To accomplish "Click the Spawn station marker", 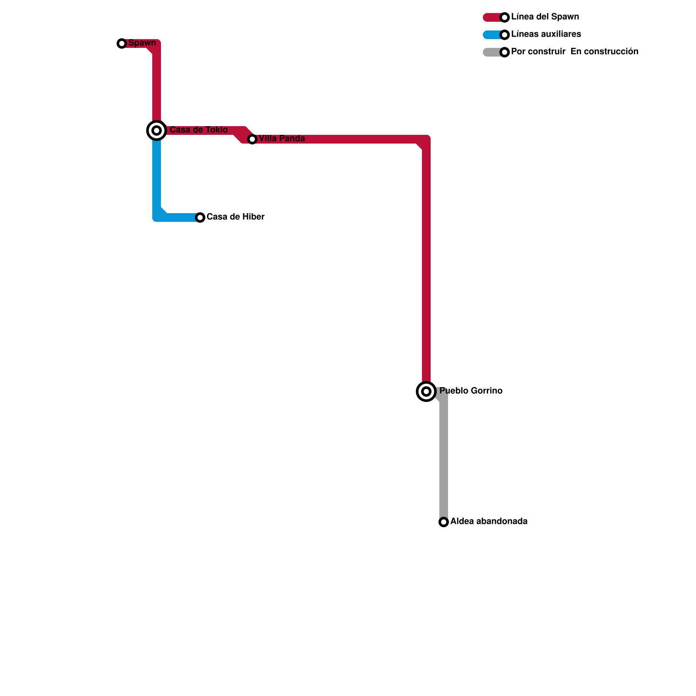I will click(x=122, y=43).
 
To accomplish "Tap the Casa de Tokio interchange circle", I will click(x=157, y=130).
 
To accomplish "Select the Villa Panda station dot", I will click(x=252, y=139).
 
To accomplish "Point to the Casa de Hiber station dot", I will click(x=200, y=217).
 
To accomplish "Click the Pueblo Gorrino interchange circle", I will click(x=426, y=391).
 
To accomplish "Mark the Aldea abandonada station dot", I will click(x=444, y=522).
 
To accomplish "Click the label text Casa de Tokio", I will click(x=198, y=130).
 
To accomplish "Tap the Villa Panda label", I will click(x=282, y=139).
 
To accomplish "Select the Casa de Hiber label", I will click(x=235, y=217).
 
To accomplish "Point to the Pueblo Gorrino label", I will click(x=471, y=391).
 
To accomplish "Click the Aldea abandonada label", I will click(x=489, y=522).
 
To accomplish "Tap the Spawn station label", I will click(x=142, y=43).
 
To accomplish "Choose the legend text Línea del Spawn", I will click(x=545, y=17).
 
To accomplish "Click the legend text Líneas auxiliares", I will click(x=546, y=34).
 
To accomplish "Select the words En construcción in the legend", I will click(x=604, y=52).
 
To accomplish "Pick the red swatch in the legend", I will click(x=492, y=17).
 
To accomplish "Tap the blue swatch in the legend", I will click(x=492, y=35).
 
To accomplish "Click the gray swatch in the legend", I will click(x=492, y=52).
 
